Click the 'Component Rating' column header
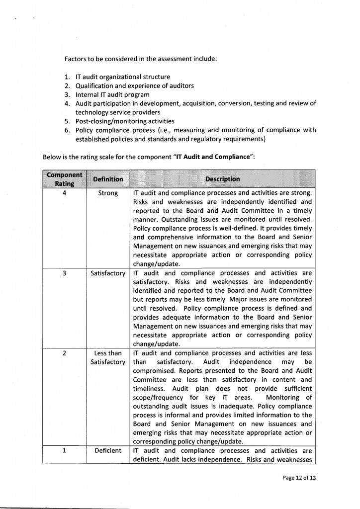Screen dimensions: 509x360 point(65,178)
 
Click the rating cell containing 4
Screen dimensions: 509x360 point(65,193)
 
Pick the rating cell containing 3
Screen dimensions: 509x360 point(65,273)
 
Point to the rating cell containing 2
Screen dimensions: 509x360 point(65,353)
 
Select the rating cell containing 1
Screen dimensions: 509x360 point(65,450)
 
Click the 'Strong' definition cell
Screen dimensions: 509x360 point(108,193)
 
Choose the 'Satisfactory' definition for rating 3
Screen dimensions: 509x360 point(108,273)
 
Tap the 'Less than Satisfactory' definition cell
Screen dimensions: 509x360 point(108,357)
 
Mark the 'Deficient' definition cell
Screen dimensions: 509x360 point(108,450)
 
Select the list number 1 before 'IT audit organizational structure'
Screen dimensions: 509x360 point(67,77)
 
